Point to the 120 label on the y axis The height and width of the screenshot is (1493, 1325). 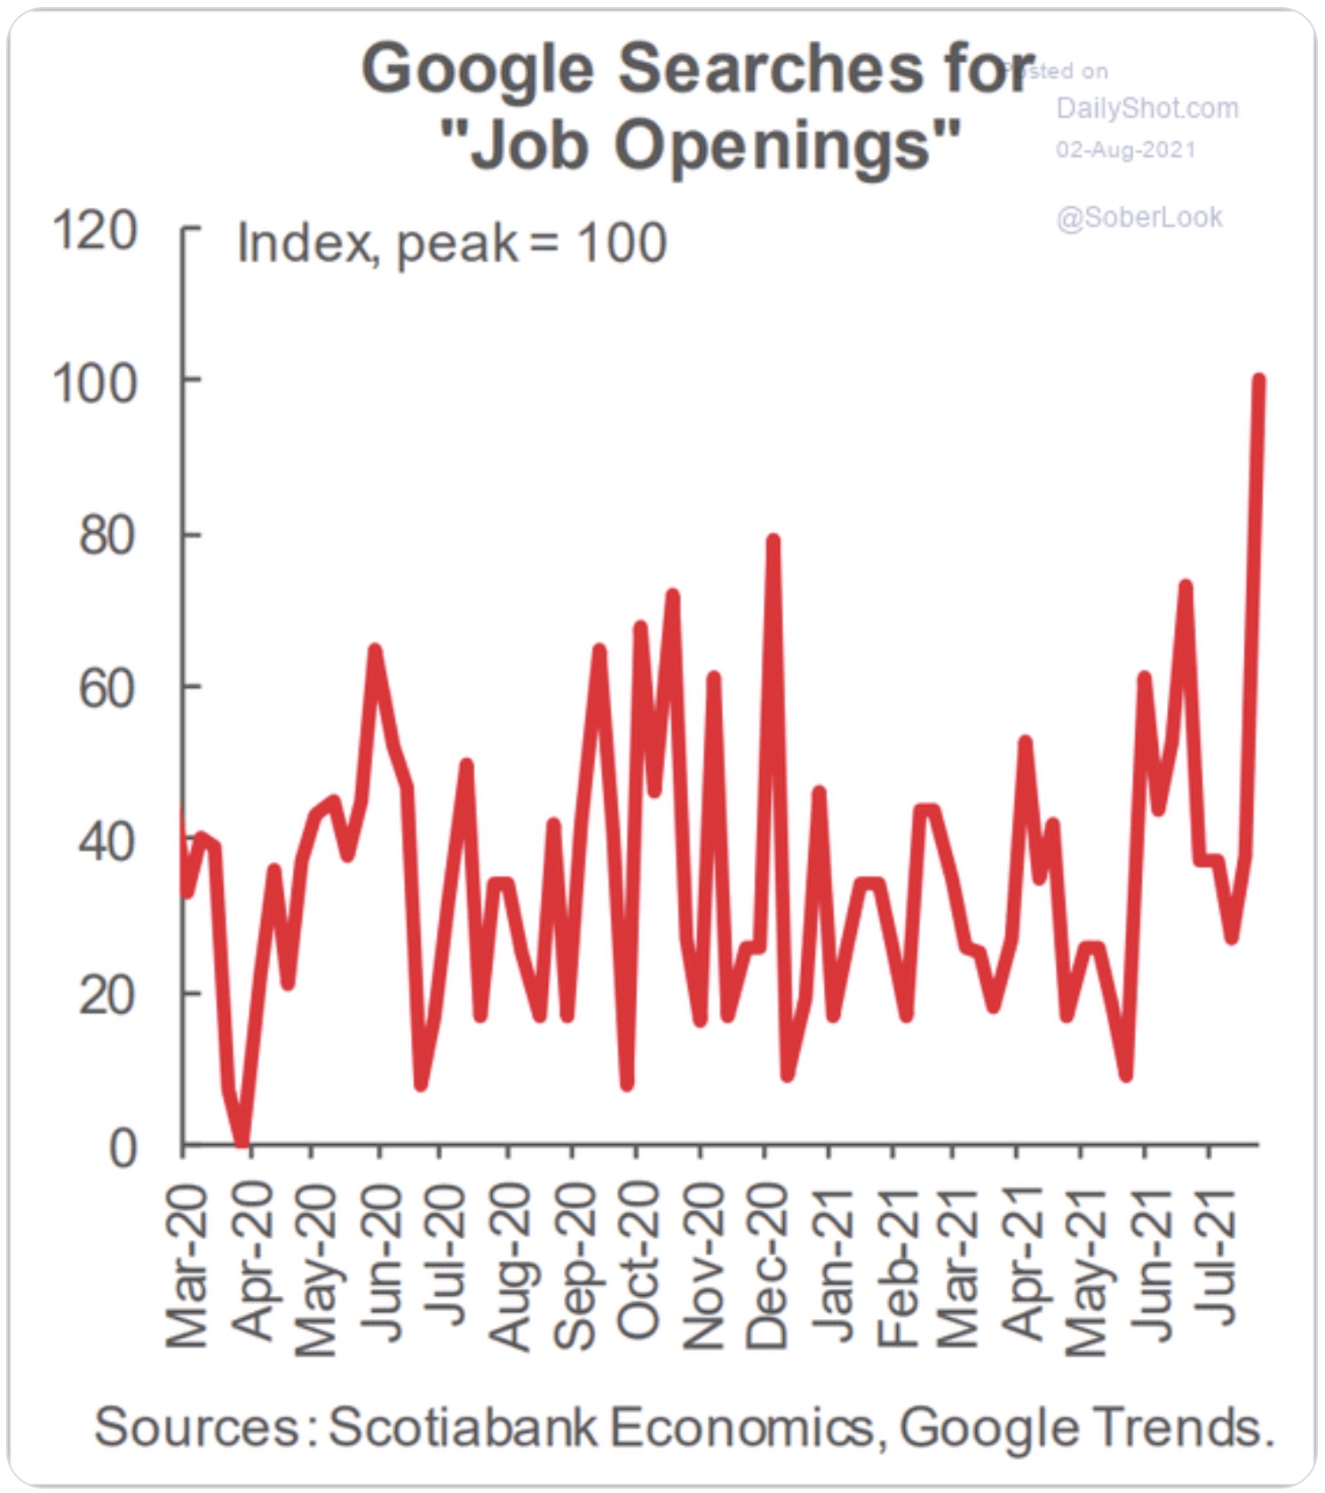point(95,232)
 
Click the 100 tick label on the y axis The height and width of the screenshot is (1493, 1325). point(95,384)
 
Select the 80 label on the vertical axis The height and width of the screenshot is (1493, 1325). point(107,536)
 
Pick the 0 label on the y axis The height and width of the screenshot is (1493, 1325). point(123,1149)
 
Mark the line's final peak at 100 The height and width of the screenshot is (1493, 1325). point(1258,381)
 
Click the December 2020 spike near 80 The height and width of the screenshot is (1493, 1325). point(773,540)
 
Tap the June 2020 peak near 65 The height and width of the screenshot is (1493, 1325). point(375,651)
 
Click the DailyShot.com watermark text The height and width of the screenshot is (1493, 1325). point(1146,108)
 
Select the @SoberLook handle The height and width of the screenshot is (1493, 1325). point(1139,217)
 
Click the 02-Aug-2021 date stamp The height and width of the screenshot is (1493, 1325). point(1125,149)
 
